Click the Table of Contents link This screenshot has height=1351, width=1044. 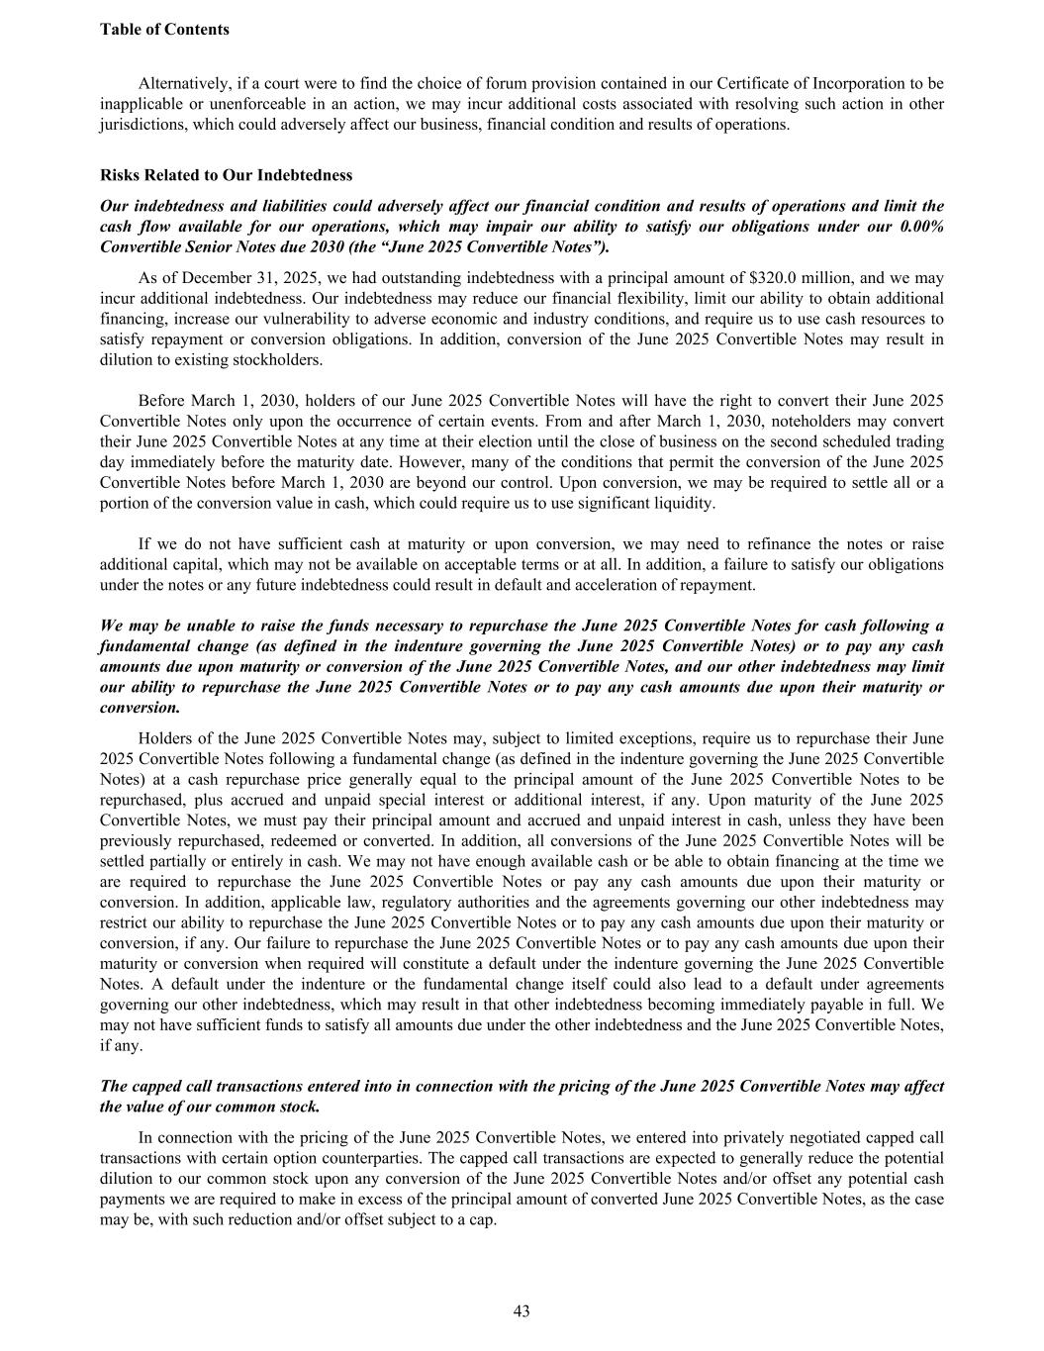click(164, 30)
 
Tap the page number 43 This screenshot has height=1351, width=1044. click(522, 1311)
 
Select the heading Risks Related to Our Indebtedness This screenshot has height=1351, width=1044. click(226, 175)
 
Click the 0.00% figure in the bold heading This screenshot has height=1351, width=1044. click(922, 227)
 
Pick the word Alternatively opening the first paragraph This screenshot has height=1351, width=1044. click(183, 83)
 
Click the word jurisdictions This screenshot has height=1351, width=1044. click(142, 125)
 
